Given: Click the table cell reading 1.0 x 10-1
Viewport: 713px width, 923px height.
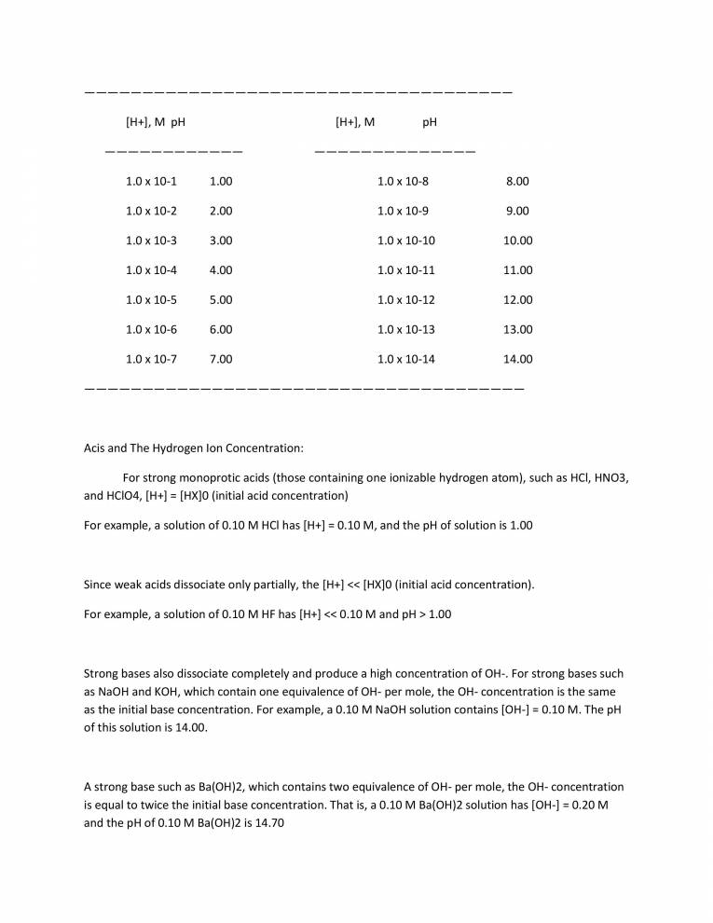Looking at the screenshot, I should [x=151, y=181].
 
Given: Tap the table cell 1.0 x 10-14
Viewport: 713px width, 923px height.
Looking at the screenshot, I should [x=405, y=359].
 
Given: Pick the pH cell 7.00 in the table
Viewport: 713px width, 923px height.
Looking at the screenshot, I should [x=221, y=359].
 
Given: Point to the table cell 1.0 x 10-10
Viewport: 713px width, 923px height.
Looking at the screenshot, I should [x=405, y=241].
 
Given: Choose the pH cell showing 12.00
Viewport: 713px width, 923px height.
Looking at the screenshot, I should [x=517, y=300].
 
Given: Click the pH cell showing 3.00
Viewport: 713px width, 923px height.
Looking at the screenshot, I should [x=221, y=241].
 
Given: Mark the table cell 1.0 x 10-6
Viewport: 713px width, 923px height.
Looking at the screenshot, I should [x=151, y=329].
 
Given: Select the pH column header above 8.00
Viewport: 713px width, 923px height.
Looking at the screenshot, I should [x=430, y=121].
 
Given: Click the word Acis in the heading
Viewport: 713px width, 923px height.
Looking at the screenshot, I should [x=96, y=448].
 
